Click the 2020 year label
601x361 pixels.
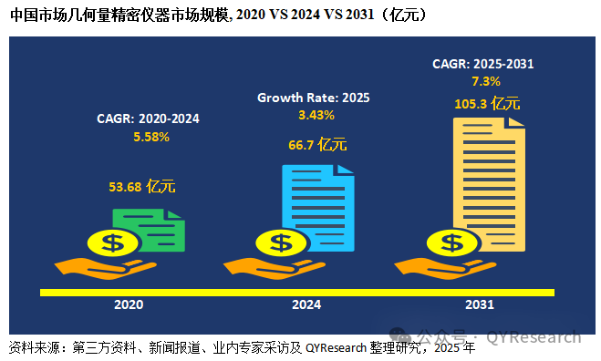coord(129,304)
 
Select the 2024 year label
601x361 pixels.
coord(306,304)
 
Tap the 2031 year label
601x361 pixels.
coord(480,304)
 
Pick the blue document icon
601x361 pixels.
coord(318,208)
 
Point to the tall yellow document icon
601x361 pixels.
coord(489,185)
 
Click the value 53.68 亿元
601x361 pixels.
coord(142,187)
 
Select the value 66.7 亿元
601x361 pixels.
coord(317,145)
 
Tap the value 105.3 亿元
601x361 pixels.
coord(487,104)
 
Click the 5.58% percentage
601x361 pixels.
coord(151,137)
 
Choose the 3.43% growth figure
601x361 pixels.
coord(316,115)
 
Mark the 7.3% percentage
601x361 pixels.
coord(485,81)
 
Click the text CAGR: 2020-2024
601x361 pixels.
coord(148,119)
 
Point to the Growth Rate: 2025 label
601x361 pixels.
coord(314,98)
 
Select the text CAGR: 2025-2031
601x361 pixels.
coord(483,64)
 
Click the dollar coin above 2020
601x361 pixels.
coord(113,243)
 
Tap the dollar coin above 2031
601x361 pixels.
coord(452,243)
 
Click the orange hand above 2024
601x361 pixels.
coord(275,268)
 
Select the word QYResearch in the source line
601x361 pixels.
coord(337,348)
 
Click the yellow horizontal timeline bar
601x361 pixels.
coord(297,293)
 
